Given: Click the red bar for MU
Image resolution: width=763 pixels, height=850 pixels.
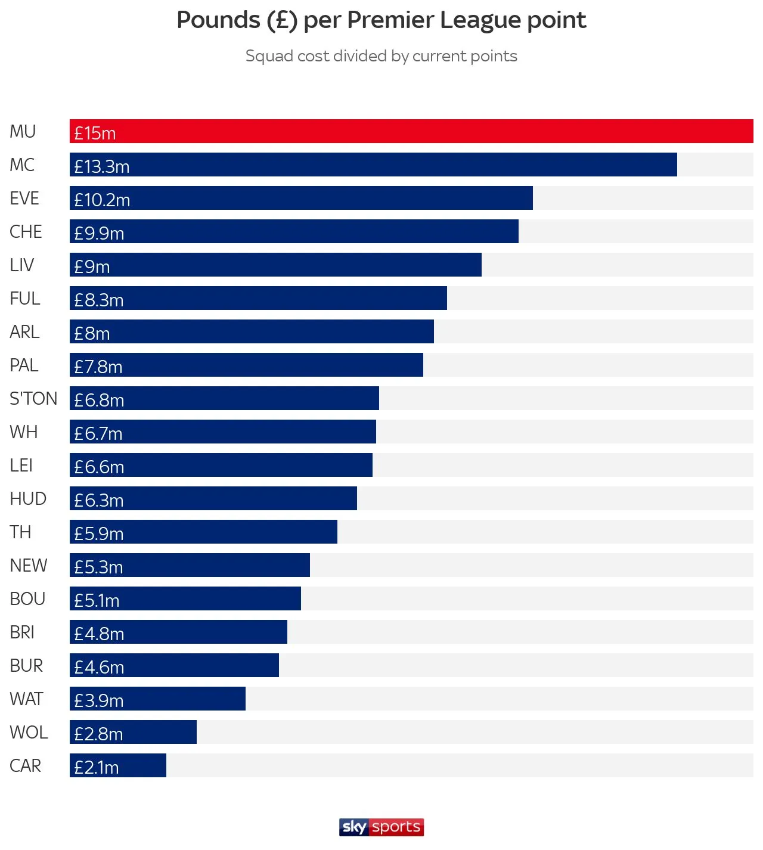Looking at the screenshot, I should tap(411, 131).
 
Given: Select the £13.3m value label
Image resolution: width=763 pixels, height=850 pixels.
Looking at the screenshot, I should tap(102, 166).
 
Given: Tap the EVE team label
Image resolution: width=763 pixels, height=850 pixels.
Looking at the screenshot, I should tap(24, 198).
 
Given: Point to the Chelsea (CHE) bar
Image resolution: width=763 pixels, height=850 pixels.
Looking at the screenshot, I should tap(294, 231).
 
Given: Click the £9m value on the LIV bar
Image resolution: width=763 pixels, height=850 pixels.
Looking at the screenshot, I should tap(92, 266).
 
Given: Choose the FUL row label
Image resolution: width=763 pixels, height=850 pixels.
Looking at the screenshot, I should tap(25, 298).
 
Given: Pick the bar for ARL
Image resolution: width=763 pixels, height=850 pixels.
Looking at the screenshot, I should tap(252, 331).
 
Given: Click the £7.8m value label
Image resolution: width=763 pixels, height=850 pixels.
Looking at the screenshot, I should tap(98, 367).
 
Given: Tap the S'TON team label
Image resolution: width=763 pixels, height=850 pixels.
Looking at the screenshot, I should tap(33, 398).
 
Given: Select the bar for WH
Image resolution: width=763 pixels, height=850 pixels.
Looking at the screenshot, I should tap(223, 432).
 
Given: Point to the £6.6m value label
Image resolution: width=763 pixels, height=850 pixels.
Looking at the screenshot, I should tap(99, 467).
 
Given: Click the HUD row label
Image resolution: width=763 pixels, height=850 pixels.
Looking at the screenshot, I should tap(28, 498).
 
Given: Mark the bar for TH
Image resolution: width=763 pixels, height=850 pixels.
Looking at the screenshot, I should tap(203, 532).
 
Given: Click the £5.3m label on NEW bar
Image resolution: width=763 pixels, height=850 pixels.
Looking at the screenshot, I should tap(98, 567).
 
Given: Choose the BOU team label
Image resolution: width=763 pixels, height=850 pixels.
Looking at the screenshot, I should tap(27, 598).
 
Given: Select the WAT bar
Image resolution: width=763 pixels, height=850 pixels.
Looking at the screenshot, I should tap(157, 699).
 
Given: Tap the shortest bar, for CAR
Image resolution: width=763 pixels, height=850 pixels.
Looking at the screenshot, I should tap(118, 765).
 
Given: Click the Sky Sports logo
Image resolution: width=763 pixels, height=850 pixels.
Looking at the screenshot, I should tap(381, 827).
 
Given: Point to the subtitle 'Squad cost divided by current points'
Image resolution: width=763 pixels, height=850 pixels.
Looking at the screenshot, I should tap(381, 56).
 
